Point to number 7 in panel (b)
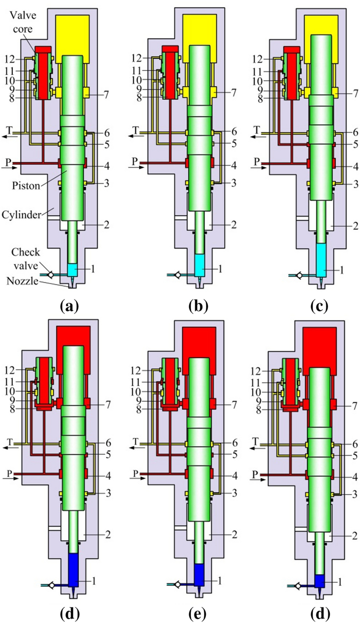(233, 93)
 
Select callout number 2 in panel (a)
(105, 225)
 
